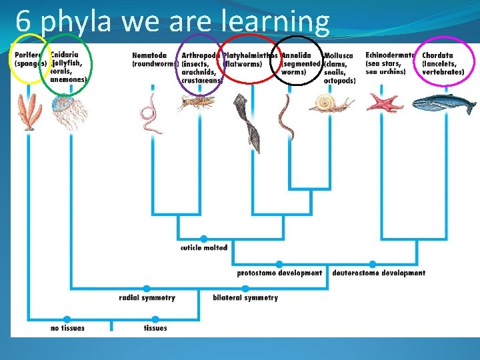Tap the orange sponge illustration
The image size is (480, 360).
[x=29, y=110]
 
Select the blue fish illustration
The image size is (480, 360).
[x=443, y=104]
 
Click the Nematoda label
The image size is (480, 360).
[x=150, y=55]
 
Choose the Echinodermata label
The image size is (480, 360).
[x=390, y=55]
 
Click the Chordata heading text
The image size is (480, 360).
[x=437, y=55]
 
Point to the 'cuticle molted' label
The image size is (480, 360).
[x=204, y=247]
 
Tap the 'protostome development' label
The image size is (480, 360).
[x=279, y=273]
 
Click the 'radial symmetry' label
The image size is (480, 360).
[x=147, y=297]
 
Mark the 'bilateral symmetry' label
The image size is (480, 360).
[x=245, y=297]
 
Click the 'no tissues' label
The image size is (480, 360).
[x=67, y=328]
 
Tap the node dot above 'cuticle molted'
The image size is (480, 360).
[x=203, y=239]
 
